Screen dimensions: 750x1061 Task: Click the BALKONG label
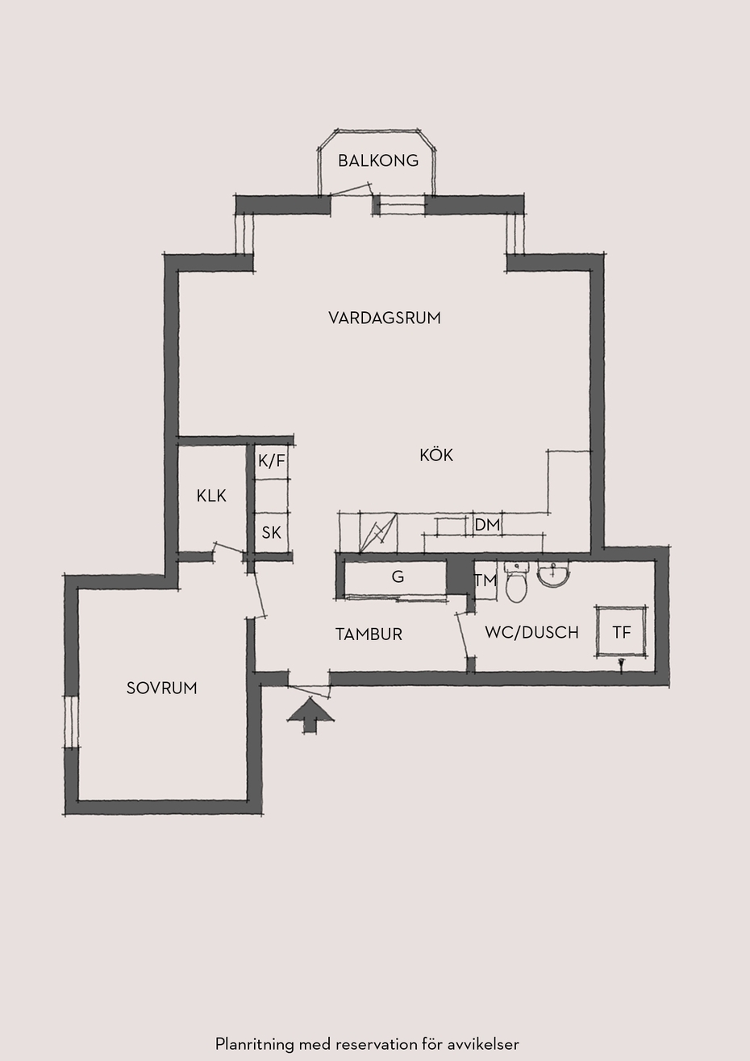coord(378,161)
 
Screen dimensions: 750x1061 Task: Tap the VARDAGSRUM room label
coord(384,318)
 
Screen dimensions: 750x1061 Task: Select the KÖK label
coord(435,455)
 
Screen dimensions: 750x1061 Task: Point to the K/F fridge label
coord(272,461)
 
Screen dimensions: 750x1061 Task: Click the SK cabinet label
coord(272,533)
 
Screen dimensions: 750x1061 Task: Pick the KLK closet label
coord(211,496)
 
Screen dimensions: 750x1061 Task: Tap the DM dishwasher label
coord(488,525)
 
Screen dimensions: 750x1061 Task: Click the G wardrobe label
coord(398,576)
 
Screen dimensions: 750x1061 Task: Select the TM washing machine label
coord(485,580)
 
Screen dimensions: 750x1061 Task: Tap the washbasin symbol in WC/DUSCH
coord(553,574)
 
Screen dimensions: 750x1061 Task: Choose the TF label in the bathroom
coord(622,632)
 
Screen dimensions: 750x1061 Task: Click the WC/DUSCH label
coord(531,632)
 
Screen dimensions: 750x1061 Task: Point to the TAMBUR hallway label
coord(369,635)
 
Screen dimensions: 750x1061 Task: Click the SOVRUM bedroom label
coord(161,688)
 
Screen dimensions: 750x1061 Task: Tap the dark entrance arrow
coord(310,716)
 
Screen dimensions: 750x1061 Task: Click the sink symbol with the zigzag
coord(378,532)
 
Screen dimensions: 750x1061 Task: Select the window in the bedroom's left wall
coord(71,722)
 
